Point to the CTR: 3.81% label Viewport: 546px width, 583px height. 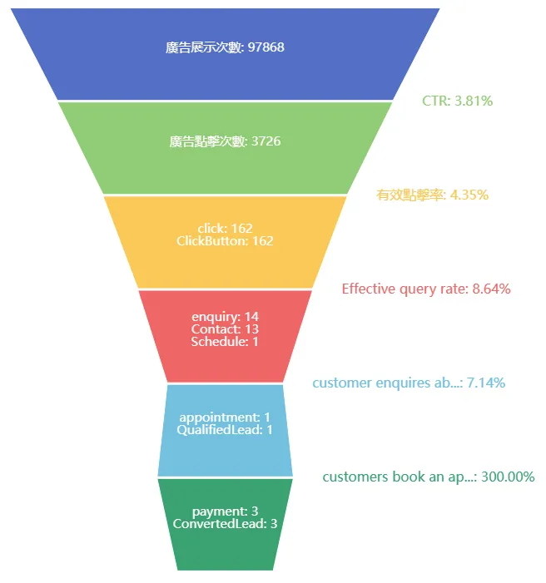tap(457, 101)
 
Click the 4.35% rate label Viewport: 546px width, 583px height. tap(432, 195)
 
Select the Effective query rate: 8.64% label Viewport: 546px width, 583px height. tap(425, 289)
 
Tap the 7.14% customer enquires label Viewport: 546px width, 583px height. tap(408, 383)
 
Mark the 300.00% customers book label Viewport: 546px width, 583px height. tap(428, 477)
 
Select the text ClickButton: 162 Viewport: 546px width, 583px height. tap(225, 241)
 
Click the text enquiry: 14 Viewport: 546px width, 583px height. tap(225, 317)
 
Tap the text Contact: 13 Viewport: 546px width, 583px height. tap(225, 329)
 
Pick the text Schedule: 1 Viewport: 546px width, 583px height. tap(225, 342)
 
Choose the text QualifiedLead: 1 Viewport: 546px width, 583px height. tap(225, 430)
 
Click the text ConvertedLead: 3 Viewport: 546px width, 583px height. tap(225, 524)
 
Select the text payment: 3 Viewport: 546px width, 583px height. tap(225, 511)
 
